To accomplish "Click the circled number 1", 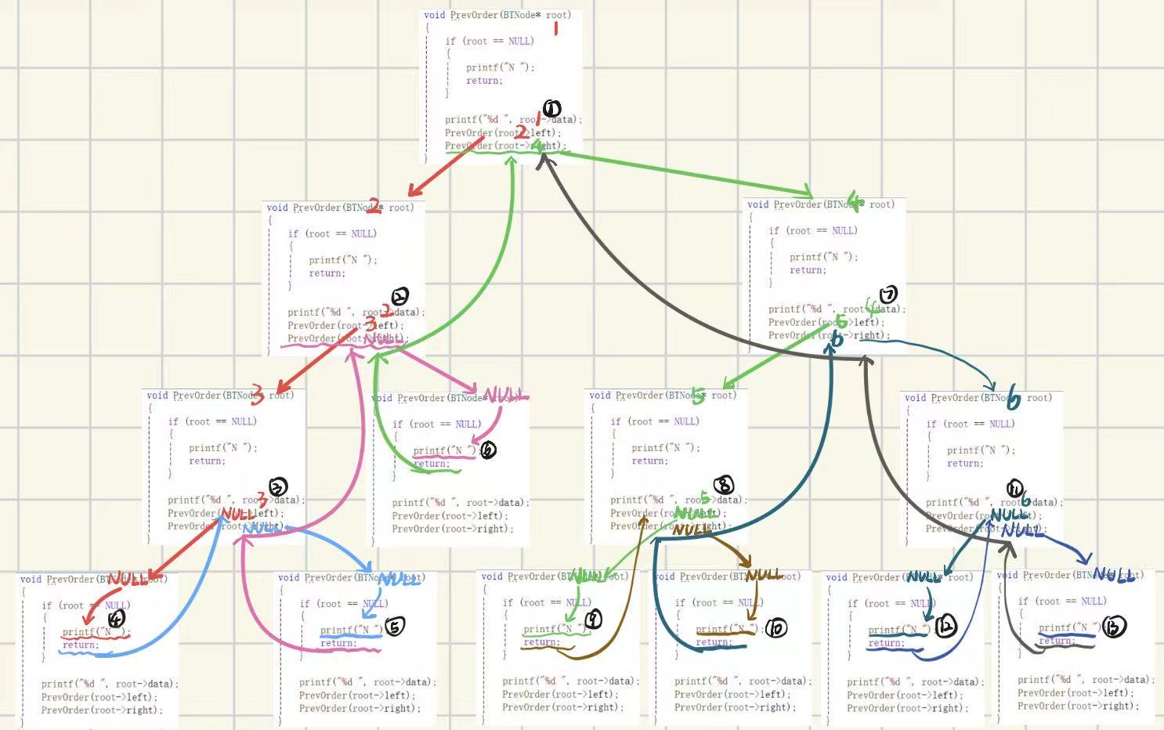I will click(551, 109).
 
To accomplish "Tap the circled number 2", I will click(399, 297).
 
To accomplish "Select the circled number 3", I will click(278, 487).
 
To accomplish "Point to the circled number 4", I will click(116, 619).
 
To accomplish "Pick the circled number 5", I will click(396, 627).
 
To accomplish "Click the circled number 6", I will click(488, 450).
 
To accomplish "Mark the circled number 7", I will click(888, 295).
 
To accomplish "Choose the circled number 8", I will click(725, 486).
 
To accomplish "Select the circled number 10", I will click(775, 628).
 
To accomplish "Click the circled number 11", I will click(1014, 489).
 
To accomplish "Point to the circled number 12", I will click(946, 627).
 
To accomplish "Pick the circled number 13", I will click(1113, 627).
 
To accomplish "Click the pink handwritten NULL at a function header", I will click(505, 396).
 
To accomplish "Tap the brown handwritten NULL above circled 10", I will click(764, 576).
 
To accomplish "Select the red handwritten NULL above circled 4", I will click(128, 580).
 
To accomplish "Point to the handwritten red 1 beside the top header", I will click(556, 28).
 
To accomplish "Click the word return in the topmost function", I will click(483, 81).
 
